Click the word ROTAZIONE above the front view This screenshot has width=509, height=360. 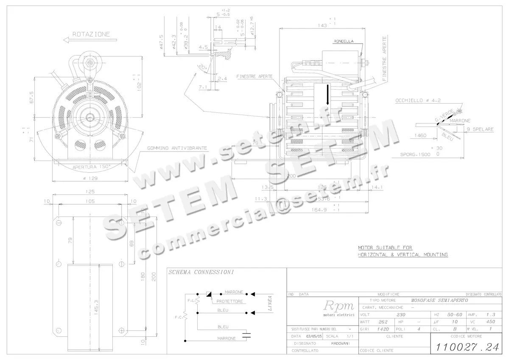click(x=91, y=34)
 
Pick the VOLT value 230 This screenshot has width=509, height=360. click(x=400, y=315)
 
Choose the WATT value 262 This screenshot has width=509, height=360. click(x=383, y=322)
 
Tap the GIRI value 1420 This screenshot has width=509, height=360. click(x=383, y=329)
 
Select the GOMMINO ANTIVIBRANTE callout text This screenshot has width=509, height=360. click(x=177, y=148)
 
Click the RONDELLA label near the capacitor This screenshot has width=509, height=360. click(x=344, y=42)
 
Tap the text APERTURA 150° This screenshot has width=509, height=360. click(x=91, y=167)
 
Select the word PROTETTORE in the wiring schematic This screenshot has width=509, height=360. click(x=229, y=301)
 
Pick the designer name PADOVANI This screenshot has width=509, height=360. click(x=340, y=343)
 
